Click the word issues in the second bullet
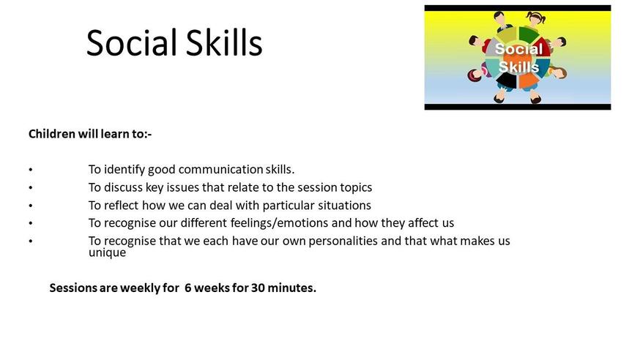tap(183, 187)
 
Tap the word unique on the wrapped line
tap(108, 252)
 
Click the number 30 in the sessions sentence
tap(258, 288)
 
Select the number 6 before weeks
tap(187, 288)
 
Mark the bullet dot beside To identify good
tap(31, 170)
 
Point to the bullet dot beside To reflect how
tap(31, 206)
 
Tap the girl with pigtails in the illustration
tap(536, 19)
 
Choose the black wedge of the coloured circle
tap(507, 80)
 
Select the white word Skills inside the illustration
tap(518, 67)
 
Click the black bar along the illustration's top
tap(518, 8)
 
